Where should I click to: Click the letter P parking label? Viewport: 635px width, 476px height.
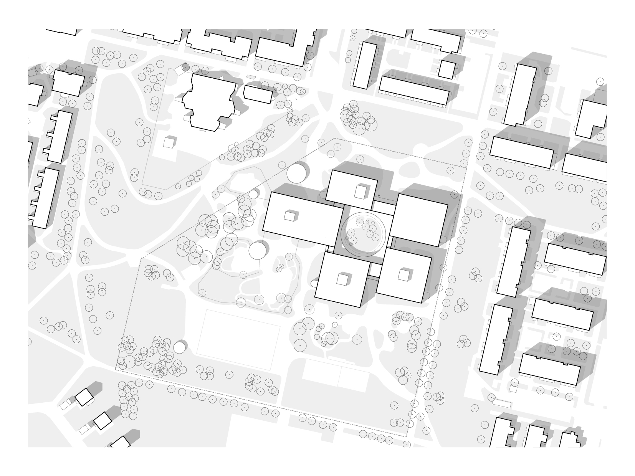pos(296,100)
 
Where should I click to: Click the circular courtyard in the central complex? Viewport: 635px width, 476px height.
pos(363,234)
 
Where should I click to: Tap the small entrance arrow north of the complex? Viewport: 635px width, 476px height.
pos(379,196)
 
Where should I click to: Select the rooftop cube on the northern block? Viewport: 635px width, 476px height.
pos(360,192)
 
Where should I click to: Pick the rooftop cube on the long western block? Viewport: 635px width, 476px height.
pos(290,216)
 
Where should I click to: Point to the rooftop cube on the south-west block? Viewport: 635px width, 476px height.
pos(342,279)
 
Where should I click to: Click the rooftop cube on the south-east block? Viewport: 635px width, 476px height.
pos(403,275)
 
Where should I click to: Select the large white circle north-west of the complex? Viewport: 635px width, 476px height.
pos(296,174)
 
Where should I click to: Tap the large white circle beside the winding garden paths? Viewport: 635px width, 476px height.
pos(257,251)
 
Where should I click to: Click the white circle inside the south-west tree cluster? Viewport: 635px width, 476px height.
pos(179,348)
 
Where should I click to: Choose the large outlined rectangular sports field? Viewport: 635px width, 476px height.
pos(238,340)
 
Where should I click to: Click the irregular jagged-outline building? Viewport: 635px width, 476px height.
pos(209,102)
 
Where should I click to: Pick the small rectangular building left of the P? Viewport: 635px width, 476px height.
pos(258,94)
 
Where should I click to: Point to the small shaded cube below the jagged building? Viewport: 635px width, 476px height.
pos(169,142)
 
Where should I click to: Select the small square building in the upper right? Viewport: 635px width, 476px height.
pos(446,69)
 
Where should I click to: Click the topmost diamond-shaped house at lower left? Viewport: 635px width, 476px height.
pos(84,397)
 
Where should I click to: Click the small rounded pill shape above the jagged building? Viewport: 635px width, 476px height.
pos(250,77)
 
